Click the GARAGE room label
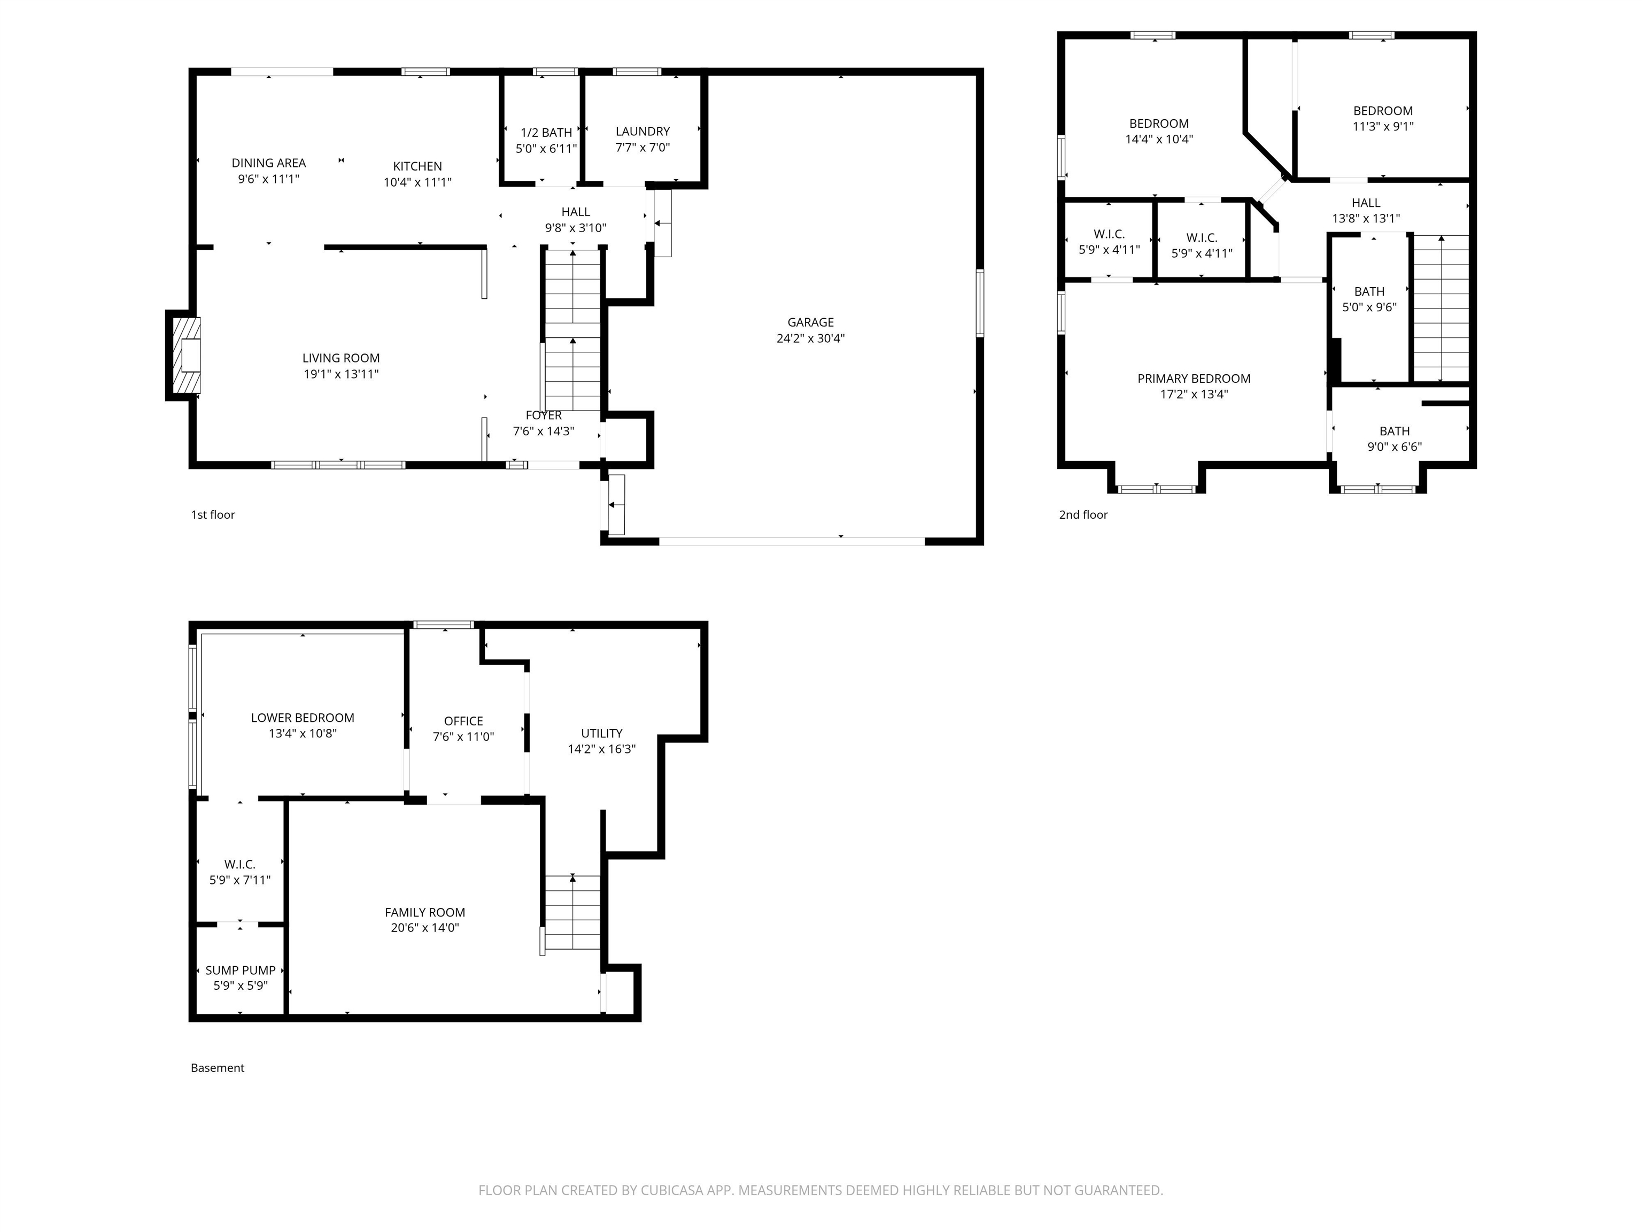(x=811, y=322)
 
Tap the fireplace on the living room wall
(x=183, y=356)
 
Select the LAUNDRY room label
(x=643, y=132)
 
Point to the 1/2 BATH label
(x=546, y=133)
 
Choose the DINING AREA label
(x=269, y=163)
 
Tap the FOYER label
(x=544, y=415)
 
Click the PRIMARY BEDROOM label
(x=1195, y=379)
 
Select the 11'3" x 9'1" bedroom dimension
(x=1383, y=126)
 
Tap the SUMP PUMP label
(x=241, y=970)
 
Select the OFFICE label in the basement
(x=463, y=721)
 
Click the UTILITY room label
(x=602, y=733)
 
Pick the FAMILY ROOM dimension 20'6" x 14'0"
(x=425, y=928)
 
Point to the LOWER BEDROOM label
(x=303, y=718)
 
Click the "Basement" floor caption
(x=218, y=1068)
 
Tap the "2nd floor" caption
(x=1083, y=514)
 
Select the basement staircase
(x=572, y=912)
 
